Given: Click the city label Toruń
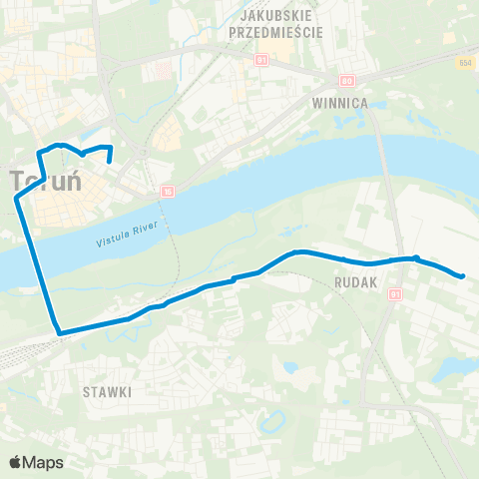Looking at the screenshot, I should pos(46,182).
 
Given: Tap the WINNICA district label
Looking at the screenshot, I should pos(340,103).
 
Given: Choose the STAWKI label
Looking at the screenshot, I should pos(108,392).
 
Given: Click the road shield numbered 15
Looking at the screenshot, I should pos(168,190).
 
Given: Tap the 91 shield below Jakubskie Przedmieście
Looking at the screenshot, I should pos(260,60).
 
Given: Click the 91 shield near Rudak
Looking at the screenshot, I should pos(395,293).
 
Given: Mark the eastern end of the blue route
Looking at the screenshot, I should pos(463,276).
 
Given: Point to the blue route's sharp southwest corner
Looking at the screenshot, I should pos(59,333).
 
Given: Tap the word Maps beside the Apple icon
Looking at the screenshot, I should pos(43,462).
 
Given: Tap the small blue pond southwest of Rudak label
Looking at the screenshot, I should pos(289,367).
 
